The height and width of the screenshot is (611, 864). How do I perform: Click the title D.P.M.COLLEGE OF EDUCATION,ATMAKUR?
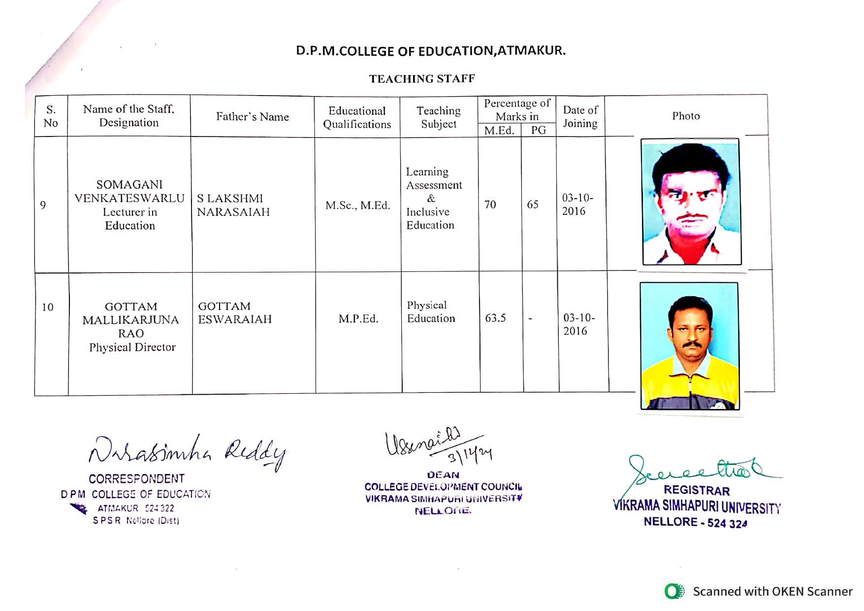[431, 51]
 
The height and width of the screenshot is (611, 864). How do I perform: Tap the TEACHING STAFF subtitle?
[422, 79]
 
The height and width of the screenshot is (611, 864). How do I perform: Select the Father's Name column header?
[252, 117]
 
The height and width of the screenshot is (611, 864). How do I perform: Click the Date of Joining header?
[580, 117]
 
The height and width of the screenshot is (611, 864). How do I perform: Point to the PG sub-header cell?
[538, 130]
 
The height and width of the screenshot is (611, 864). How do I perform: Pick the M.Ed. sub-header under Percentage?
[499, 130]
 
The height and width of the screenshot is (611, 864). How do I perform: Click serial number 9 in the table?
[43, 205]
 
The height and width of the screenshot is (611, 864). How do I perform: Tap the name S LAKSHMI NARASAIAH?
[233, 205]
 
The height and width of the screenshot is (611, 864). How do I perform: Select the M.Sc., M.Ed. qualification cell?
[357, 205]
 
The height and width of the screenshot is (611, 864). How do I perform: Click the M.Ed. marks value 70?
[490, 204]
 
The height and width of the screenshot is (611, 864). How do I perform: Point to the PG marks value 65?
[533, 204]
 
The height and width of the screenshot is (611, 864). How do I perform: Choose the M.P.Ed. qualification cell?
[358, 319]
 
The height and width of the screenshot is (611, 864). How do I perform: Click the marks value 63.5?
[495, 318]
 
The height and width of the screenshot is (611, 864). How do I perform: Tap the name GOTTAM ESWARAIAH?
[235, 312]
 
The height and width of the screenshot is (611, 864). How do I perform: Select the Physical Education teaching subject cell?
[431, 312]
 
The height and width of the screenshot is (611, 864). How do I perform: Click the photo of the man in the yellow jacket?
[689, 346]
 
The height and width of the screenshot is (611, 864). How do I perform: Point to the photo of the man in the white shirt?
[691, 202]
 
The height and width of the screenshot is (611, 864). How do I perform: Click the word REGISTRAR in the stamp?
[697, 490]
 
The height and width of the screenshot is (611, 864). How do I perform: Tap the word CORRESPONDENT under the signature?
[136, 478]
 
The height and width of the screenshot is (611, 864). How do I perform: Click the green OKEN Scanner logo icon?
[674, 591]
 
